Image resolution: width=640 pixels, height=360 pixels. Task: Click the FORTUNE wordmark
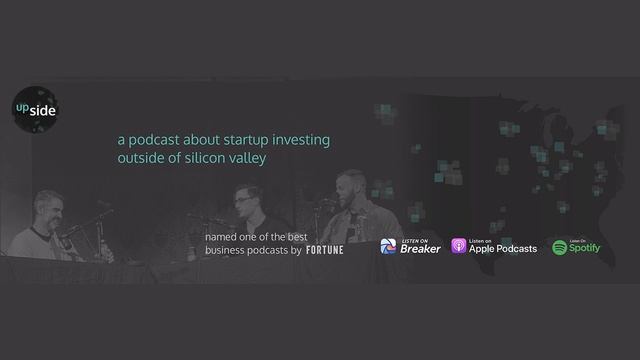point(324,250)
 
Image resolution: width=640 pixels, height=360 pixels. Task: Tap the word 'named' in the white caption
point(221,236)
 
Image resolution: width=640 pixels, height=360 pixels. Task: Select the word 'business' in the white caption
point(229,250)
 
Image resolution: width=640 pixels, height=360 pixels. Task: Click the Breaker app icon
point(389,247)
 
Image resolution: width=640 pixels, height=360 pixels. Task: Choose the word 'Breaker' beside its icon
point(420,250)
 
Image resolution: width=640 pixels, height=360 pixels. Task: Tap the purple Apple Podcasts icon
point(458,247)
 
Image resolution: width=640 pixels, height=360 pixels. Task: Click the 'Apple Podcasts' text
point(503,249)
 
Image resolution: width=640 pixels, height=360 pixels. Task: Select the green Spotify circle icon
point(560,247)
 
